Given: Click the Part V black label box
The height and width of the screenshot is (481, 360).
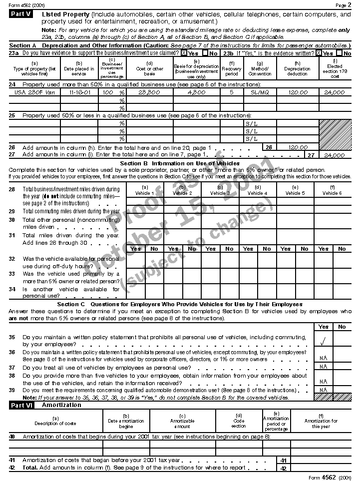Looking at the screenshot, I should click(21, 14).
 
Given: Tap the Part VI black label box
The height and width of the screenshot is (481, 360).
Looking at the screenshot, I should click(21, 405).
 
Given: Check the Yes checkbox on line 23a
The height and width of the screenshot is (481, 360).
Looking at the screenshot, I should click(184, 53).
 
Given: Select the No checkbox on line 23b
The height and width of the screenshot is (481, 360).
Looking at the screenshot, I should click(340, 53).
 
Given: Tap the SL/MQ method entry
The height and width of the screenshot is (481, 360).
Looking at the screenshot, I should click(260, 92).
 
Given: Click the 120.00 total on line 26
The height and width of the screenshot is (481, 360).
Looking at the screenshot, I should click(298, 147).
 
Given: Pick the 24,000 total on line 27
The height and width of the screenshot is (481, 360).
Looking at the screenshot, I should click(334, 155).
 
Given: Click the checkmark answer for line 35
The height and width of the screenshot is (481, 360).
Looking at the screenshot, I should click(324, 343).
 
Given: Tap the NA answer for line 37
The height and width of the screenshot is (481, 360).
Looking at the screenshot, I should click(324, 367).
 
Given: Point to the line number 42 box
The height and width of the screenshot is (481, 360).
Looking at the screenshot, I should click(283, 468).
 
